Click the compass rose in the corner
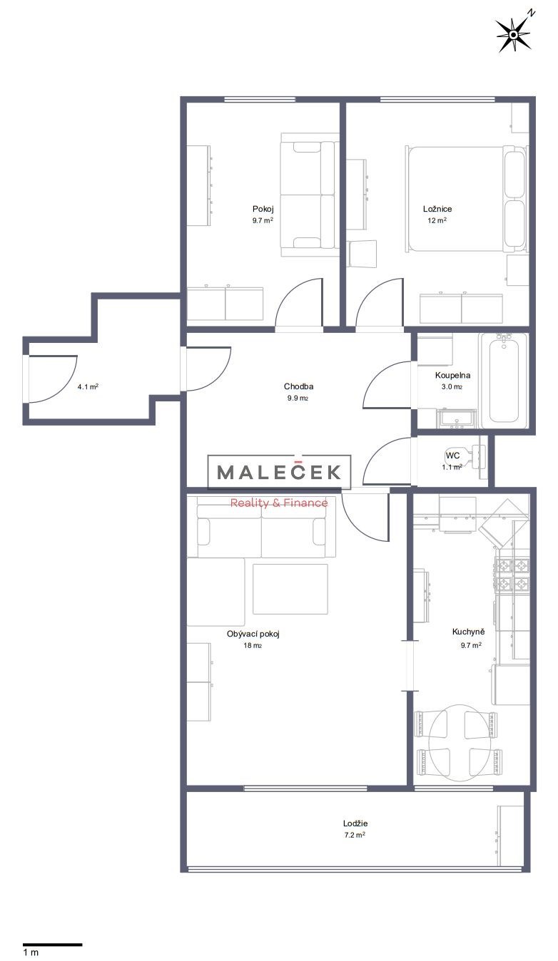coord(514,34)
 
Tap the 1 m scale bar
coord(52,945)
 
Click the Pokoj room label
coord(263,209)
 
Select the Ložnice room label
coord(437,209)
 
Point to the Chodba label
coord(298,386)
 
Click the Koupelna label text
coord(452,375)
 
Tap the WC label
coord(453,455)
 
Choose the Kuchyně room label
coord(468,632)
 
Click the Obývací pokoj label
coord(253,634)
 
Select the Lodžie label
coord(355,823)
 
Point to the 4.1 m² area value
coord(88,386)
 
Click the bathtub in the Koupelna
coord(504,381)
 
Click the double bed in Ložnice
coord(466,199)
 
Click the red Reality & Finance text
coord(279,503)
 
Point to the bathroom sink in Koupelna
coord(456,418)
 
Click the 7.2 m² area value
coord(355,835)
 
